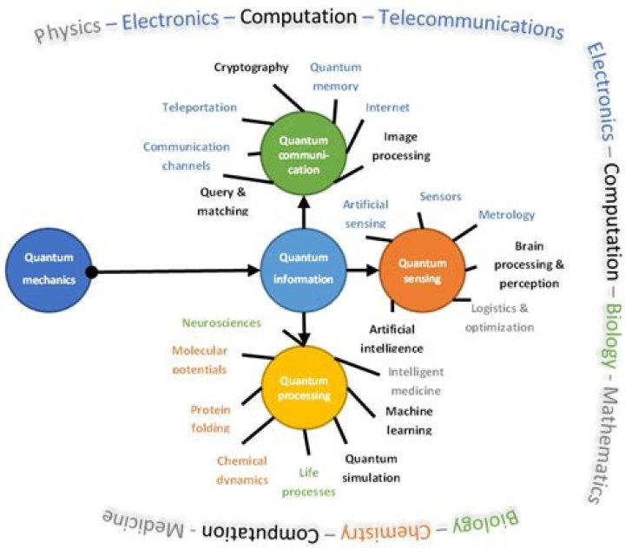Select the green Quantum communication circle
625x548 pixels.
pyautogui.click(x=304, y=153)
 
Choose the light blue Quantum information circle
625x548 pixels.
pyautogui.click(x=304, y=268)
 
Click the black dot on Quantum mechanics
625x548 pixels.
pyautogui.click(x=92, y=272)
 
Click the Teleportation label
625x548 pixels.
pyautogui.click(x=199, y=108)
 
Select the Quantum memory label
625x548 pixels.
pyautogui.click(x=335, y=76)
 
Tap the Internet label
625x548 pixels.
pyautogui.click(x=387, y=108)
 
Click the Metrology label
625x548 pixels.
pyautogui.click(x=507, y=214)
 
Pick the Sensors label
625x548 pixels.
pyautogui.click(x=440, y=197)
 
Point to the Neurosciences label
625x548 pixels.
pyautogui.click(x=221, y=323)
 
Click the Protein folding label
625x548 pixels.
pyautogui.click(x=211, y=418)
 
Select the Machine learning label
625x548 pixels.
pyautogui.click(x=409, y=420)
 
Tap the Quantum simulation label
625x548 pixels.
pyautogui.click(x=372, y=468)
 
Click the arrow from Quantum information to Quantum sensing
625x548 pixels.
pyautogui.click(x=363, y=271)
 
